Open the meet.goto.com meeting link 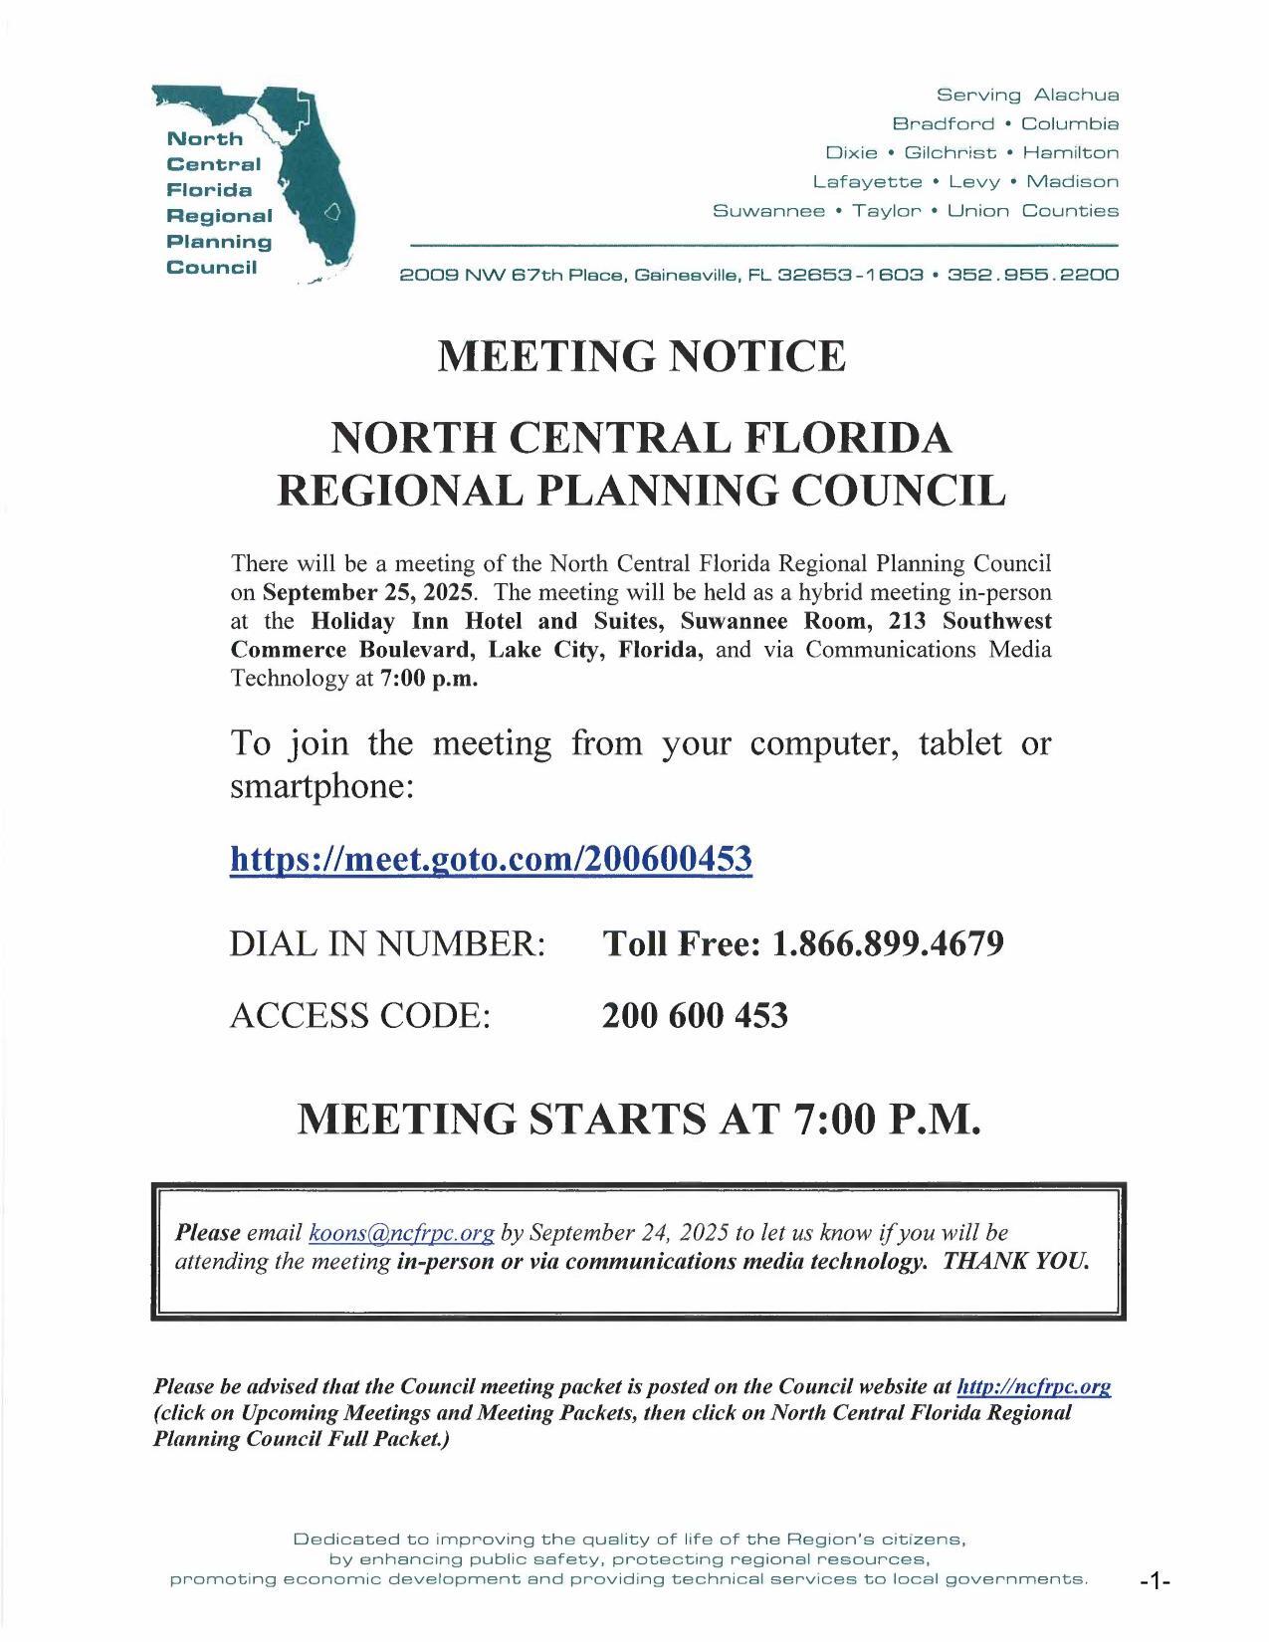(491, 858)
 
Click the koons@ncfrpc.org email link (401, 1233)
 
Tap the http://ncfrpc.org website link (1033, 1386)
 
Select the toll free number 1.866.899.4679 (887, 943)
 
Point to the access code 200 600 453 (695, 1016)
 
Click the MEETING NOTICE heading (642, 356)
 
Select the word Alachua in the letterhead (1076, 96)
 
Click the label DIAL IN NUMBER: (387, 943)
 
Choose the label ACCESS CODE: (359, 1016)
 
